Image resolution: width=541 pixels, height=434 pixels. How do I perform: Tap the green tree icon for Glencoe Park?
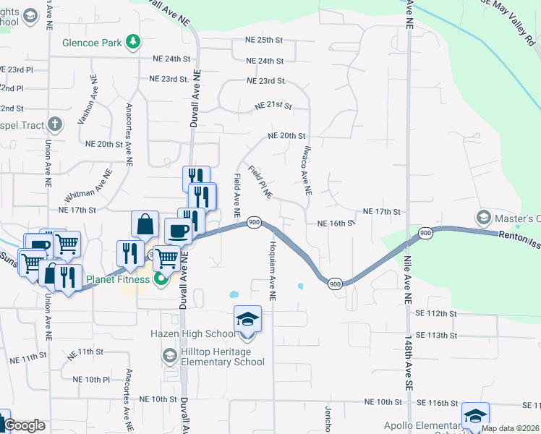pyautogui.click(x=132, y=43)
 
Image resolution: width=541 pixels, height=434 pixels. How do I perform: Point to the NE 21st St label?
pyautogui.click(x=273, y=106)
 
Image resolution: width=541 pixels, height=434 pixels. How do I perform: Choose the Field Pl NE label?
pyautogui.click(x=259, y=182)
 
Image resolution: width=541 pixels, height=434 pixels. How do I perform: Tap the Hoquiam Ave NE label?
pyautogui.click(x=273, y=271)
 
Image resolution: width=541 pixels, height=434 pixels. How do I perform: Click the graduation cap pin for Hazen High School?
pyautogui.click(x=247, y=318)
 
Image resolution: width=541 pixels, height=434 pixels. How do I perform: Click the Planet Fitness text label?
pyautogui.click(x=118, y=278)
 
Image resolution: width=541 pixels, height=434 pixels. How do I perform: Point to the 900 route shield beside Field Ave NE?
pyautogui.click(x=254, y=221)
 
